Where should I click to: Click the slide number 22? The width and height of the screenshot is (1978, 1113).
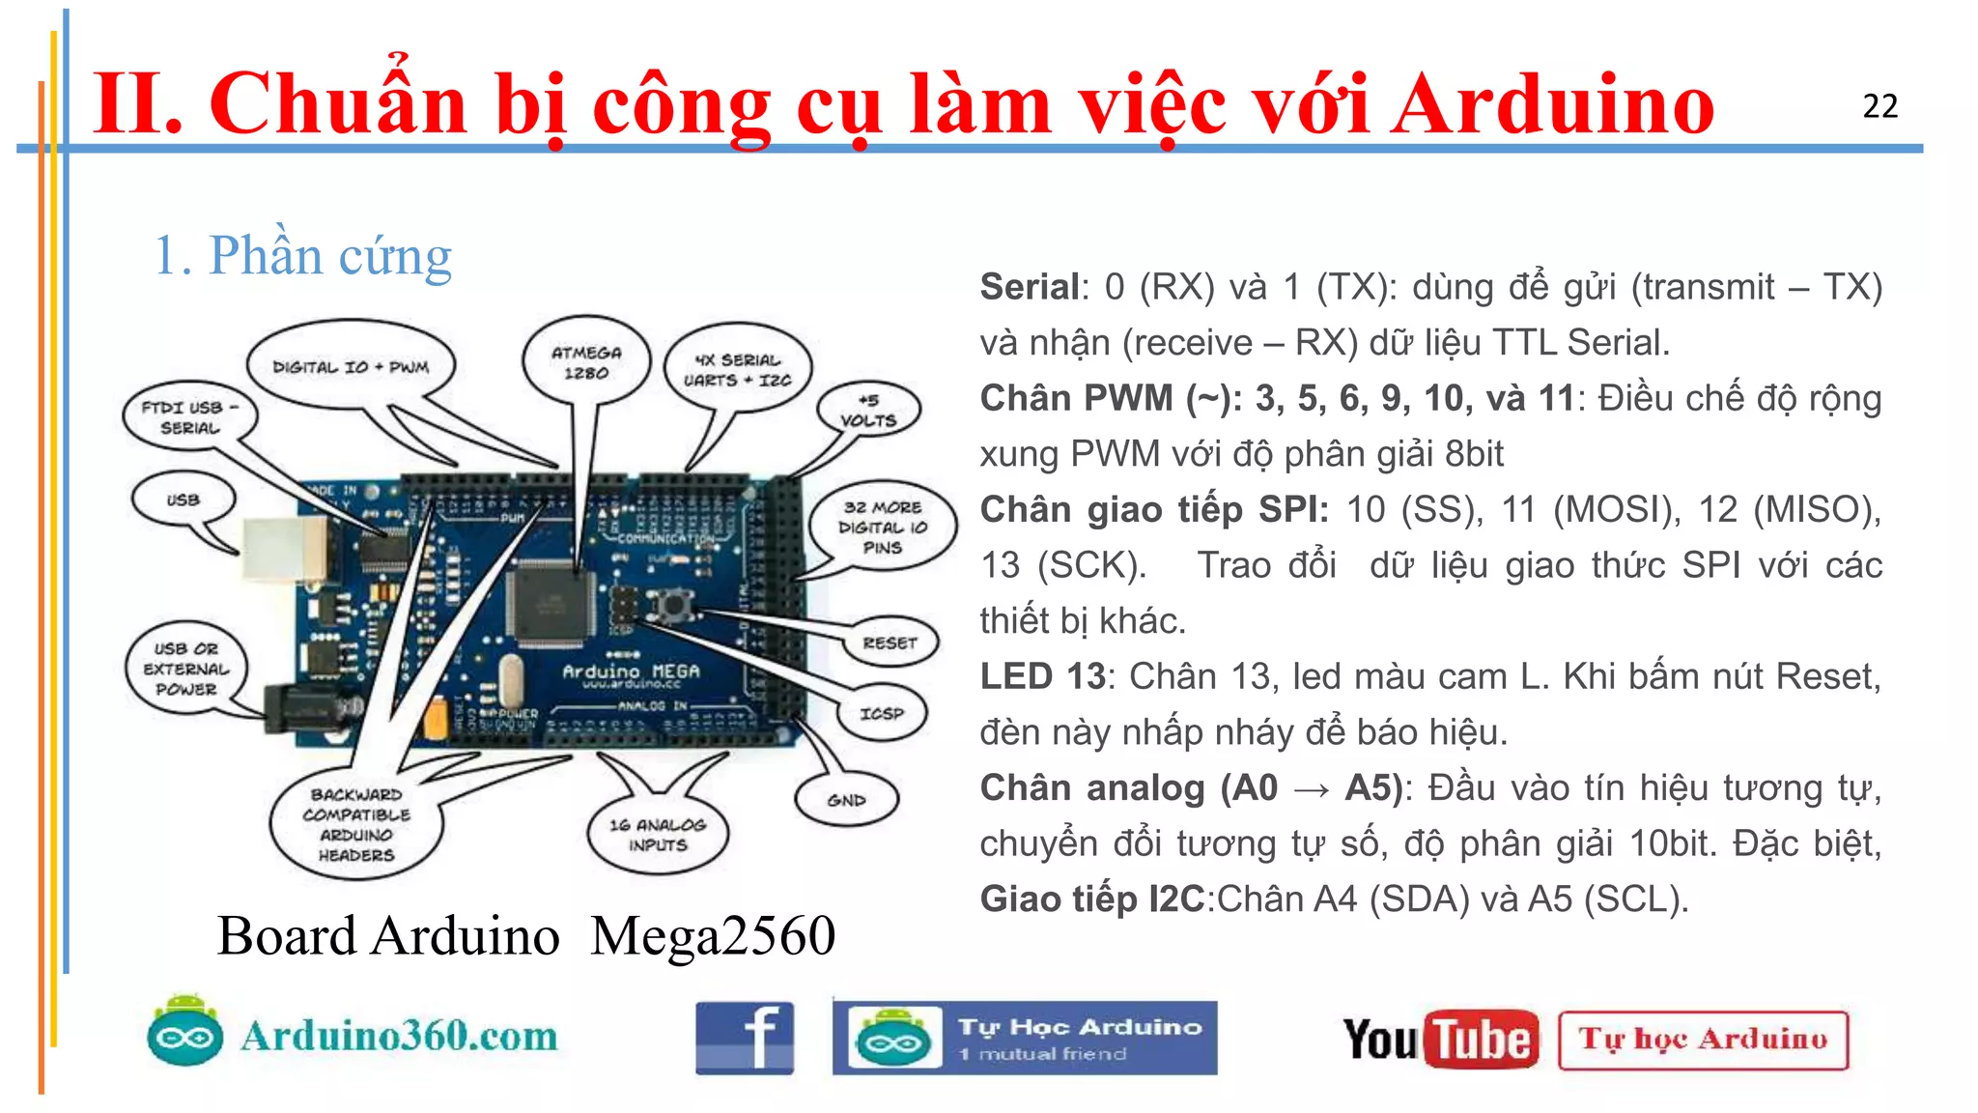tap(1879, 106)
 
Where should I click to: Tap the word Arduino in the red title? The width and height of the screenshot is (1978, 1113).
tap(1552, 104)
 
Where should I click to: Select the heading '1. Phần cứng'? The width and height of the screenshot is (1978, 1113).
tap(302, 256)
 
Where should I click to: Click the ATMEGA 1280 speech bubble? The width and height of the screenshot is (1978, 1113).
tap(585, 362)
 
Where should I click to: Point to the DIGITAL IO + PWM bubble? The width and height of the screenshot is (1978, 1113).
tap(350, 367)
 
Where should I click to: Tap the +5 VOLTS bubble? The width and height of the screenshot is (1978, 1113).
tap(868, 411)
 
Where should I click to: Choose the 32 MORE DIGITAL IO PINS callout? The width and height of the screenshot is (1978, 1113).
tap(882, 528)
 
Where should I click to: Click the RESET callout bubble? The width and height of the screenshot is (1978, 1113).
tap(890, 642)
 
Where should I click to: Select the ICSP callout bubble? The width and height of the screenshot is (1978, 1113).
tap(882, 713)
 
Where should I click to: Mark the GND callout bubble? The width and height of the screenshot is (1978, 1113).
tap(846, 800)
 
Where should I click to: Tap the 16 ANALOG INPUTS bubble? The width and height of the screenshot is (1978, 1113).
tap(658, 835)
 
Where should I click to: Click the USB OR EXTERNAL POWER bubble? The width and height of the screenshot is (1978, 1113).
tap(186, 669)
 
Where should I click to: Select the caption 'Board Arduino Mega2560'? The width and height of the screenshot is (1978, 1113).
tap(525, 935)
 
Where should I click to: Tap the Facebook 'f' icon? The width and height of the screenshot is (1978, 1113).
tap(745, 1039)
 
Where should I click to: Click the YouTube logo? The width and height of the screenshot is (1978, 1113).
tap(1440, 1040)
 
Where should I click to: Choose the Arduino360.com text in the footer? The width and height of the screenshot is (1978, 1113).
tap(399, 1036)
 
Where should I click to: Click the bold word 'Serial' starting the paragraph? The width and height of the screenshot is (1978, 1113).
tap(1030, 287)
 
